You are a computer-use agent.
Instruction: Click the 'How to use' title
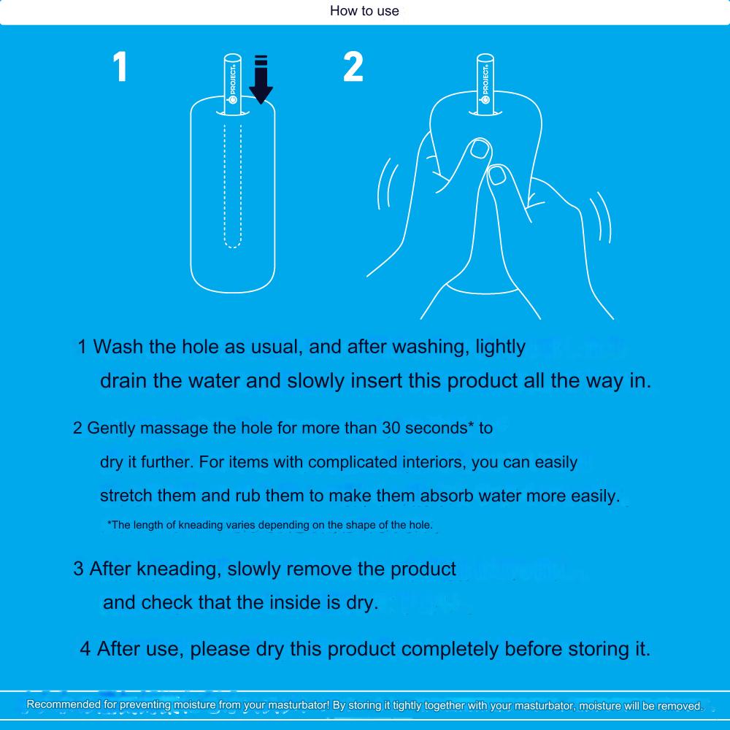(364, 11)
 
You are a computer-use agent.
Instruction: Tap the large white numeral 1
(120, 66)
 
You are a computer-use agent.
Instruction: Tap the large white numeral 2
(353, 66)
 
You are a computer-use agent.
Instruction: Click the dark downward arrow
(261, 79)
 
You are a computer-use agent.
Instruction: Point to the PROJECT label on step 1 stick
(233, 84)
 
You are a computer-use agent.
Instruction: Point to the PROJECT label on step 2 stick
(485, 84)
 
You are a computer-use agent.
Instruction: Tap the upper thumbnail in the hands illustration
(480, 149)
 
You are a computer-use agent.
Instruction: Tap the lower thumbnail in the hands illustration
(498, 175)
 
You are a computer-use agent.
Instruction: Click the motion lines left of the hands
(386, 184)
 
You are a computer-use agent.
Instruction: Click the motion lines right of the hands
(602, 217)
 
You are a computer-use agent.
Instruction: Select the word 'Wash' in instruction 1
(118, 346)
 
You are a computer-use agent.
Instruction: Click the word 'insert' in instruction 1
(376, 381)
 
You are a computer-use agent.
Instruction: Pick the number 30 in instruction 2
(391, 428)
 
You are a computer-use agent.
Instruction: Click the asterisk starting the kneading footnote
(109, 523)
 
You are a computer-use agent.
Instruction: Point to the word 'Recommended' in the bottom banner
(64, 704)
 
